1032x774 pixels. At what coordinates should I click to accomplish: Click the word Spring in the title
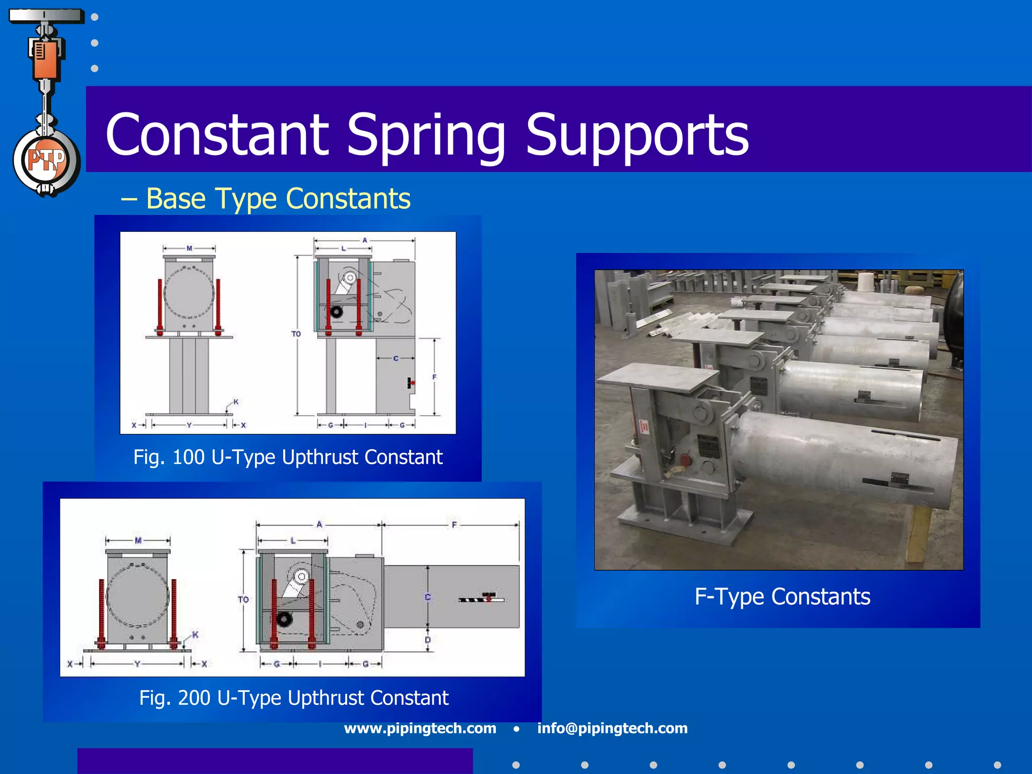(x=426, y=135)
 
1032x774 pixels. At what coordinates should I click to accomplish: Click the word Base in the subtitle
(x=176, y=199)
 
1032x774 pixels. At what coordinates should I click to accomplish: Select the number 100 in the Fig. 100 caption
(x=188, y=458)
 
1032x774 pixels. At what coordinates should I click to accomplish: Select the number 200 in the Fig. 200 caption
(x=194, y=698)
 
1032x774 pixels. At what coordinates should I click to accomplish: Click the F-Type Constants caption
(x=782, y=597)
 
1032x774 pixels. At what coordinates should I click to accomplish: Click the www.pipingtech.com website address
(x=420, y=728)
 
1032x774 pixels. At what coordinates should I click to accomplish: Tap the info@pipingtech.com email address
(x=612, y=728)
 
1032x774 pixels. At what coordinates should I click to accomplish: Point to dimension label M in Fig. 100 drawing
(x=189, y=248)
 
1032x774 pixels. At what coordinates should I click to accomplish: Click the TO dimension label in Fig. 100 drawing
(x=296, y=334)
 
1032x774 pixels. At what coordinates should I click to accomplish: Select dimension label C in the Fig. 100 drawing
(x=396, y=358)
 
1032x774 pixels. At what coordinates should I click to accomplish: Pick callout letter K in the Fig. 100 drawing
(x=236, y=402)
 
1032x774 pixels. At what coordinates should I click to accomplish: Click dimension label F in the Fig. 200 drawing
(x=454, y=525)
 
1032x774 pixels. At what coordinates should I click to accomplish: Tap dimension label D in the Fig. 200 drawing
(x=428, y=640)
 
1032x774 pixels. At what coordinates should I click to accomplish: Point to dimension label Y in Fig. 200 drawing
(x=137, y=664)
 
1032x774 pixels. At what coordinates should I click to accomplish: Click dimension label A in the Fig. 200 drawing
(x=319, y=525)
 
